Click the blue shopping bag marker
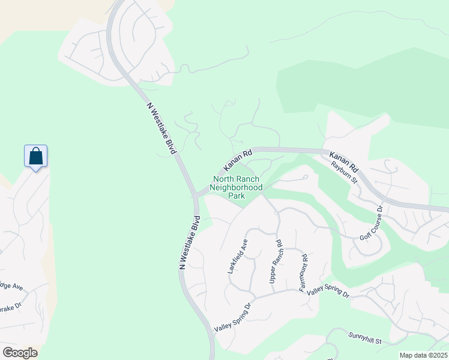(x=36, y=156)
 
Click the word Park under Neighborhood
(x=237, y=196)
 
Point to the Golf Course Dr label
(x=371, y=224)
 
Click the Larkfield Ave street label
(x=238, y=256)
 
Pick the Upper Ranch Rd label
(x=276, y=262)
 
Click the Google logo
(x=20, y=353)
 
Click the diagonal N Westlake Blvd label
(x=164, y=128)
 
